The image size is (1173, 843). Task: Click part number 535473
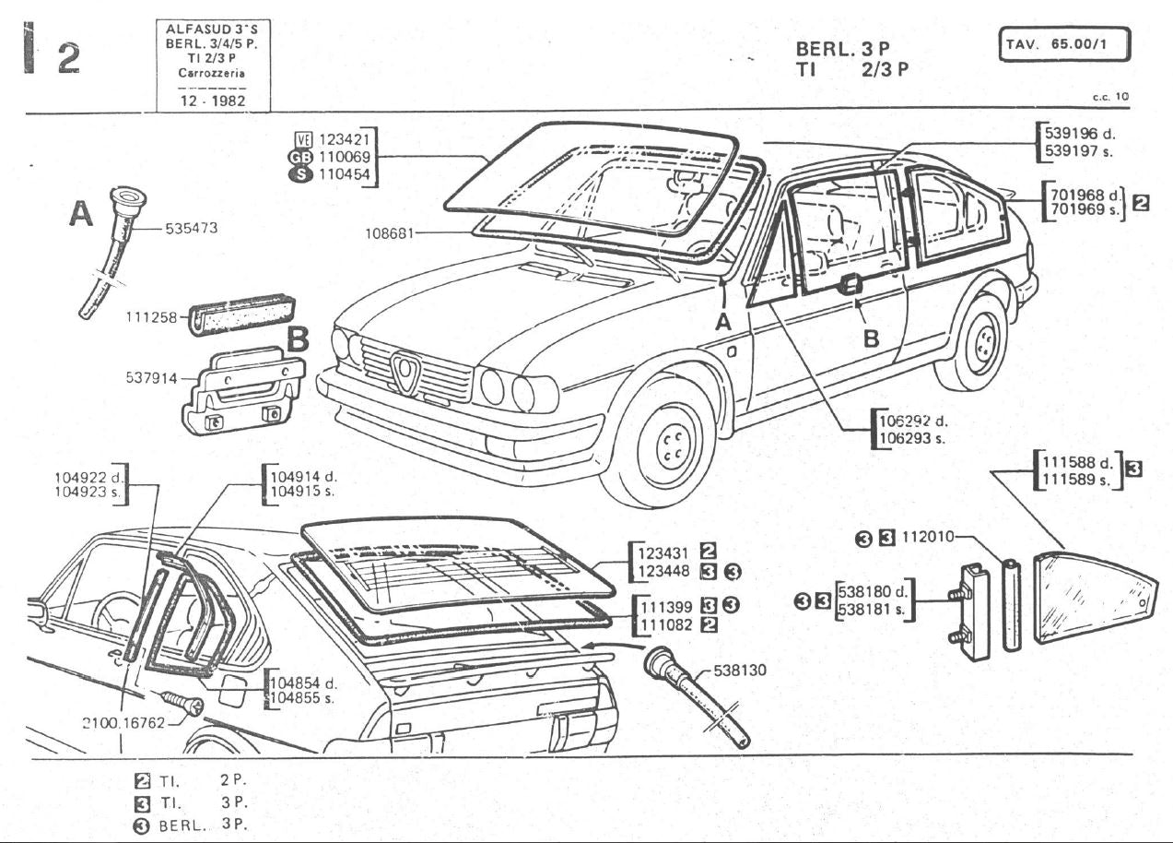[x=191, y=228]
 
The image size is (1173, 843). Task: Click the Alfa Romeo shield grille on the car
[x=405, y=372]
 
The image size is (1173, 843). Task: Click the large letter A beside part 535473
[x=82, y=215]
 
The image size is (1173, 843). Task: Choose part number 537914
[x=151, y=378]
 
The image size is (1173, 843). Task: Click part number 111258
[x=150, y=318]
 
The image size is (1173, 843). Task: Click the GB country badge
[x=301, y=158]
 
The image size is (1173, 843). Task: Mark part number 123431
[x=663, y=552]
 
